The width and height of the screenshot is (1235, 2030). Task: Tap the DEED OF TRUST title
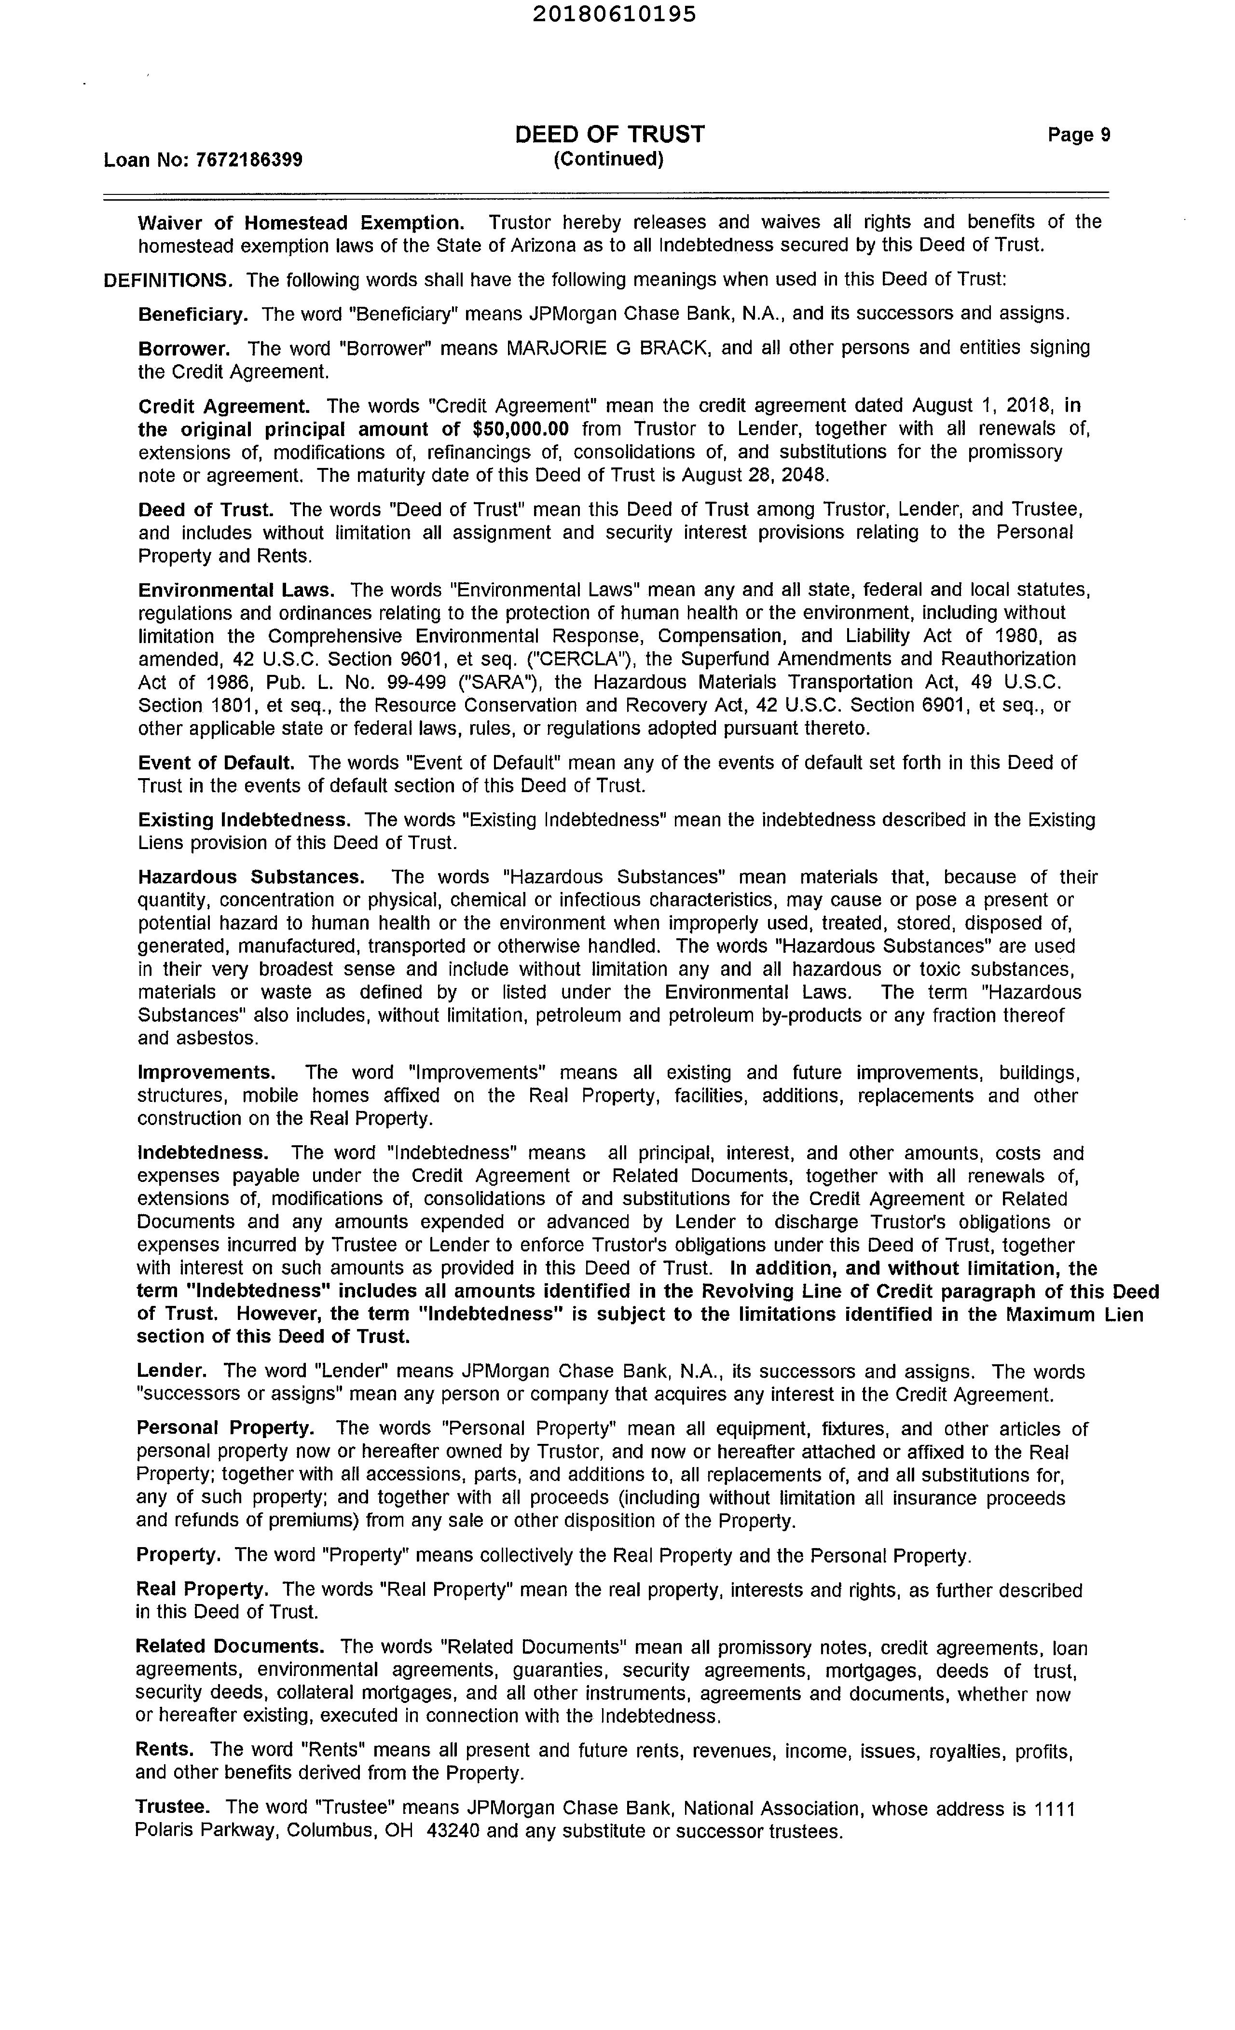click(x=610, y=134)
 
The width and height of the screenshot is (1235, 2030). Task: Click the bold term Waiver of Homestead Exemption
click(x=301, y=222)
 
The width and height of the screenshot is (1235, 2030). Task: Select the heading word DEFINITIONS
click(x=168, y=280)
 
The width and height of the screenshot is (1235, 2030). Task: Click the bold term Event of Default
click(x=216, y=763)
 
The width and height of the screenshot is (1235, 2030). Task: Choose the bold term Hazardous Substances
click(x=250, y=878)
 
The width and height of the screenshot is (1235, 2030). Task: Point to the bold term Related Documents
click(x=229, y=1647)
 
